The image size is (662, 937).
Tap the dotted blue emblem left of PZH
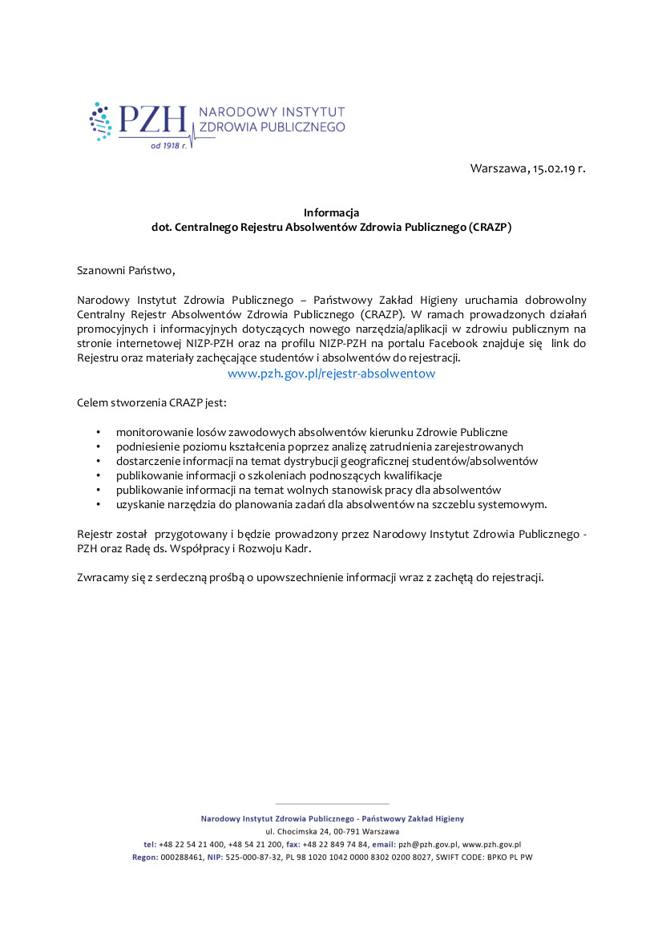(101, 121)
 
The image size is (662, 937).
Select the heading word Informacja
(331, 212)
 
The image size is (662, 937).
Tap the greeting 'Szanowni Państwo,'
(124, 270)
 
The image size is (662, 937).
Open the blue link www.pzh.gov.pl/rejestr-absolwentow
(331, 374)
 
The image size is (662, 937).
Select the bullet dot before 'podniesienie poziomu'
(98, 446)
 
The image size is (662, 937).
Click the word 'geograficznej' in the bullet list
(374, 461)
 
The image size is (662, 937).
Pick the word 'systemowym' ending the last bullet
(513, 504)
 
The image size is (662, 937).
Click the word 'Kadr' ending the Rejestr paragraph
(297, 548)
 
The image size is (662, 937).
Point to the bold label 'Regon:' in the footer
(145, 857)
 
